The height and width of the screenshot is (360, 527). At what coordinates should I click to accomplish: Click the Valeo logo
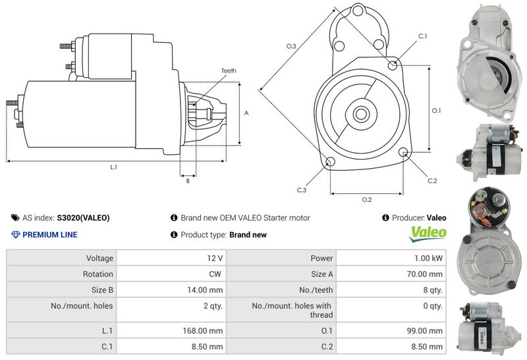click(x=428, y=234)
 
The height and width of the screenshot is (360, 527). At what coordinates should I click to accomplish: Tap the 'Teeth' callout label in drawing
click(x=229, y=71)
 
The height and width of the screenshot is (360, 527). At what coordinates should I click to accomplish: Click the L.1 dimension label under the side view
click(x=113, y=167)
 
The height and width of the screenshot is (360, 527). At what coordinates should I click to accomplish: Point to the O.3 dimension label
click(x=291, y=46)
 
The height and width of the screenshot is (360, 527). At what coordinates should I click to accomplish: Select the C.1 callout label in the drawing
click(x=422, y=36)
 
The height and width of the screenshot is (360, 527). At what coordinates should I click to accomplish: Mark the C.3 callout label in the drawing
click(x=301, y=190)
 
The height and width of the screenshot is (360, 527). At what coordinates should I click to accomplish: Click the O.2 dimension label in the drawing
click(x=367, y=199)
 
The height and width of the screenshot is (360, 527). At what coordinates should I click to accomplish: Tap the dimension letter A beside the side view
click(x=246, y=113)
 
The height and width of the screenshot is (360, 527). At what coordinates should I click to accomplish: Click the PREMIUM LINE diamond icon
click(x=16, y=235)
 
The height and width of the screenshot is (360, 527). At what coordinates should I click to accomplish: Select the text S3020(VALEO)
click(x=83, y=218)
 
